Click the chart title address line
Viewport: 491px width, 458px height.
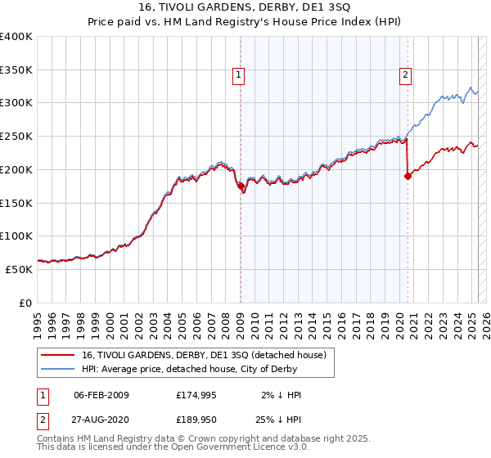click(x=245, y=8)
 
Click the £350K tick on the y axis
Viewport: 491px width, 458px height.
click(x=16, y=70)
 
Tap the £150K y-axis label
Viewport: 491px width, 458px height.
click(x=16, y=203)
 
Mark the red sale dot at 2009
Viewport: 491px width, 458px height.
click(x=241, y=186)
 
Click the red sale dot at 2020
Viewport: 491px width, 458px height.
click(x=408, y=174)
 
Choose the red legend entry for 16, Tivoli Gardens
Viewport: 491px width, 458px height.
click(x=204, y=355)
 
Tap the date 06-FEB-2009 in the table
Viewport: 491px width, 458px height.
click(x=101, y=395)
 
